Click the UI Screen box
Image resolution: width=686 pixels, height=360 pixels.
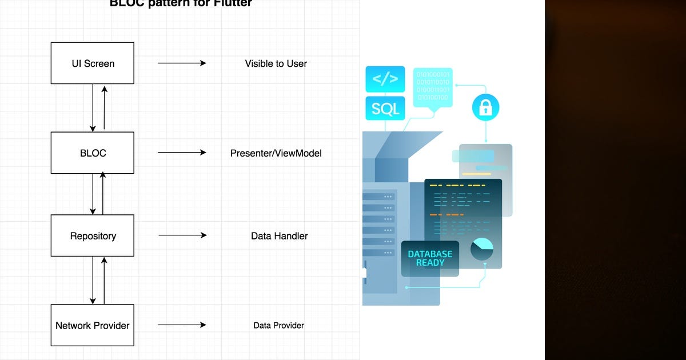[x=93, y=63]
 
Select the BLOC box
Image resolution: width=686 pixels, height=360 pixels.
[x=93, y=153]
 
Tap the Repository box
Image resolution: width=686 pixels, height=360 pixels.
[x=93, y=235]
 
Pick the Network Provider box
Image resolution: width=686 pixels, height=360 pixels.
[x=93, y=325]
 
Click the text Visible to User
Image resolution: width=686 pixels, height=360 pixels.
[x=276, y=63]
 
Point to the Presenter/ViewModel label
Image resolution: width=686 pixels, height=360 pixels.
[x=276, y=153]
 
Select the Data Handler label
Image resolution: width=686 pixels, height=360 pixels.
[x=279, y=235]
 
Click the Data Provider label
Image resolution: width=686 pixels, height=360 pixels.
[x=278, y=325]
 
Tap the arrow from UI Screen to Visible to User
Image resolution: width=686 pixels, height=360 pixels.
[x=182, y=63]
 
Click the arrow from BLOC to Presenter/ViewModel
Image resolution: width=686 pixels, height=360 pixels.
[x=182, y=153]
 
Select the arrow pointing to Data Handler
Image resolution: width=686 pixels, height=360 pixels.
[x=182, y=235]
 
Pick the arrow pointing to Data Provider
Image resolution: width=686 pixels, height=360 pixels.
[x=182, y=325]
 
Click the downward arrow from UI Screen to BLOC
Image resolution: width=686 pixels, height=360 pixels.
[x=93, y=107]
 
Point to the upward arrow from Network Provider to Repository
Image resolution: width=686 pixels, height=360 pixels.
[x=104, y=280]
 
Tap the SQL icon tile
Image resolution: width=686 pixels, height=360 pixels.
[x=385, y=108]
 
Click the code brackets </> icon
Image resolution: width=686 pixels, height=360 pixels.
[x=385, y=79]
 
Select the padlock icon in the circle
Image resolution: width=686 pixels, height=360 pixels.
[x=485, y=107]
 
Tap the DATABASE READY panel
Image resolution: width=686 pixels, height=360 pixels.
[x=430, y=258]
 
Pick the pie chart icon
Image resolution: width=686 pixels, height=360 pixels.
[x=482, y=249]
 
